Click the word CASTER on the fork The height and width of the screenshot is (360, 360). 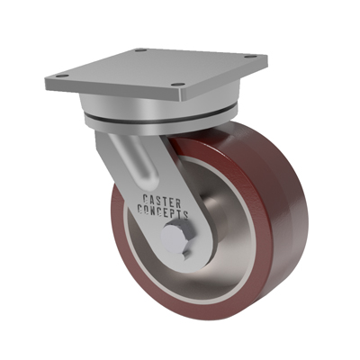pos(162,201)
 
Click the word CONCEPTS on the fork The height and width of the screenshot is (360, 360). pos(163,211)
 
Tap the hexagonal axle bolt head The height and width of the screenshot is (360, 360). pos(175,239)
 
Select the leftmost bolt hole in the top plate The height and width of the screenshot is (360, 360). pos(62,76)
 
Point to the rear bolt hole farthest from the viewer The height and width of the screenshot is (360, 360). pos(139,49)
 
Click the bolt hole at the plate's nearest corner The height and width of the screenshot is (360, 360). pos(179,85)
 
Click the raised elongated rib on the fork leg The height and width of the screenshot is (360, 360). pos(137,160)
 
